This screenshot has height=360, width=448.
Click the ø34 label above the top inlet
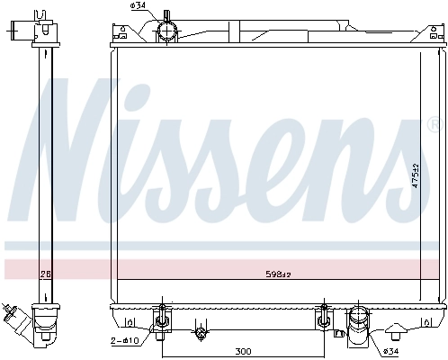click(x=138, y=7)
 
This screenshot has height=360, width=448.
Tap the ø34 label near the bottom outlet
click(x=391, y=350)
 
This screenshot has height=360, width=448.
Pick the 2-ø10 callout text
click(x=124, y=341)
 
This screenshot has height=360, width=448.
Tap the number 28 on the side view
click(x=44, y=274)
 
